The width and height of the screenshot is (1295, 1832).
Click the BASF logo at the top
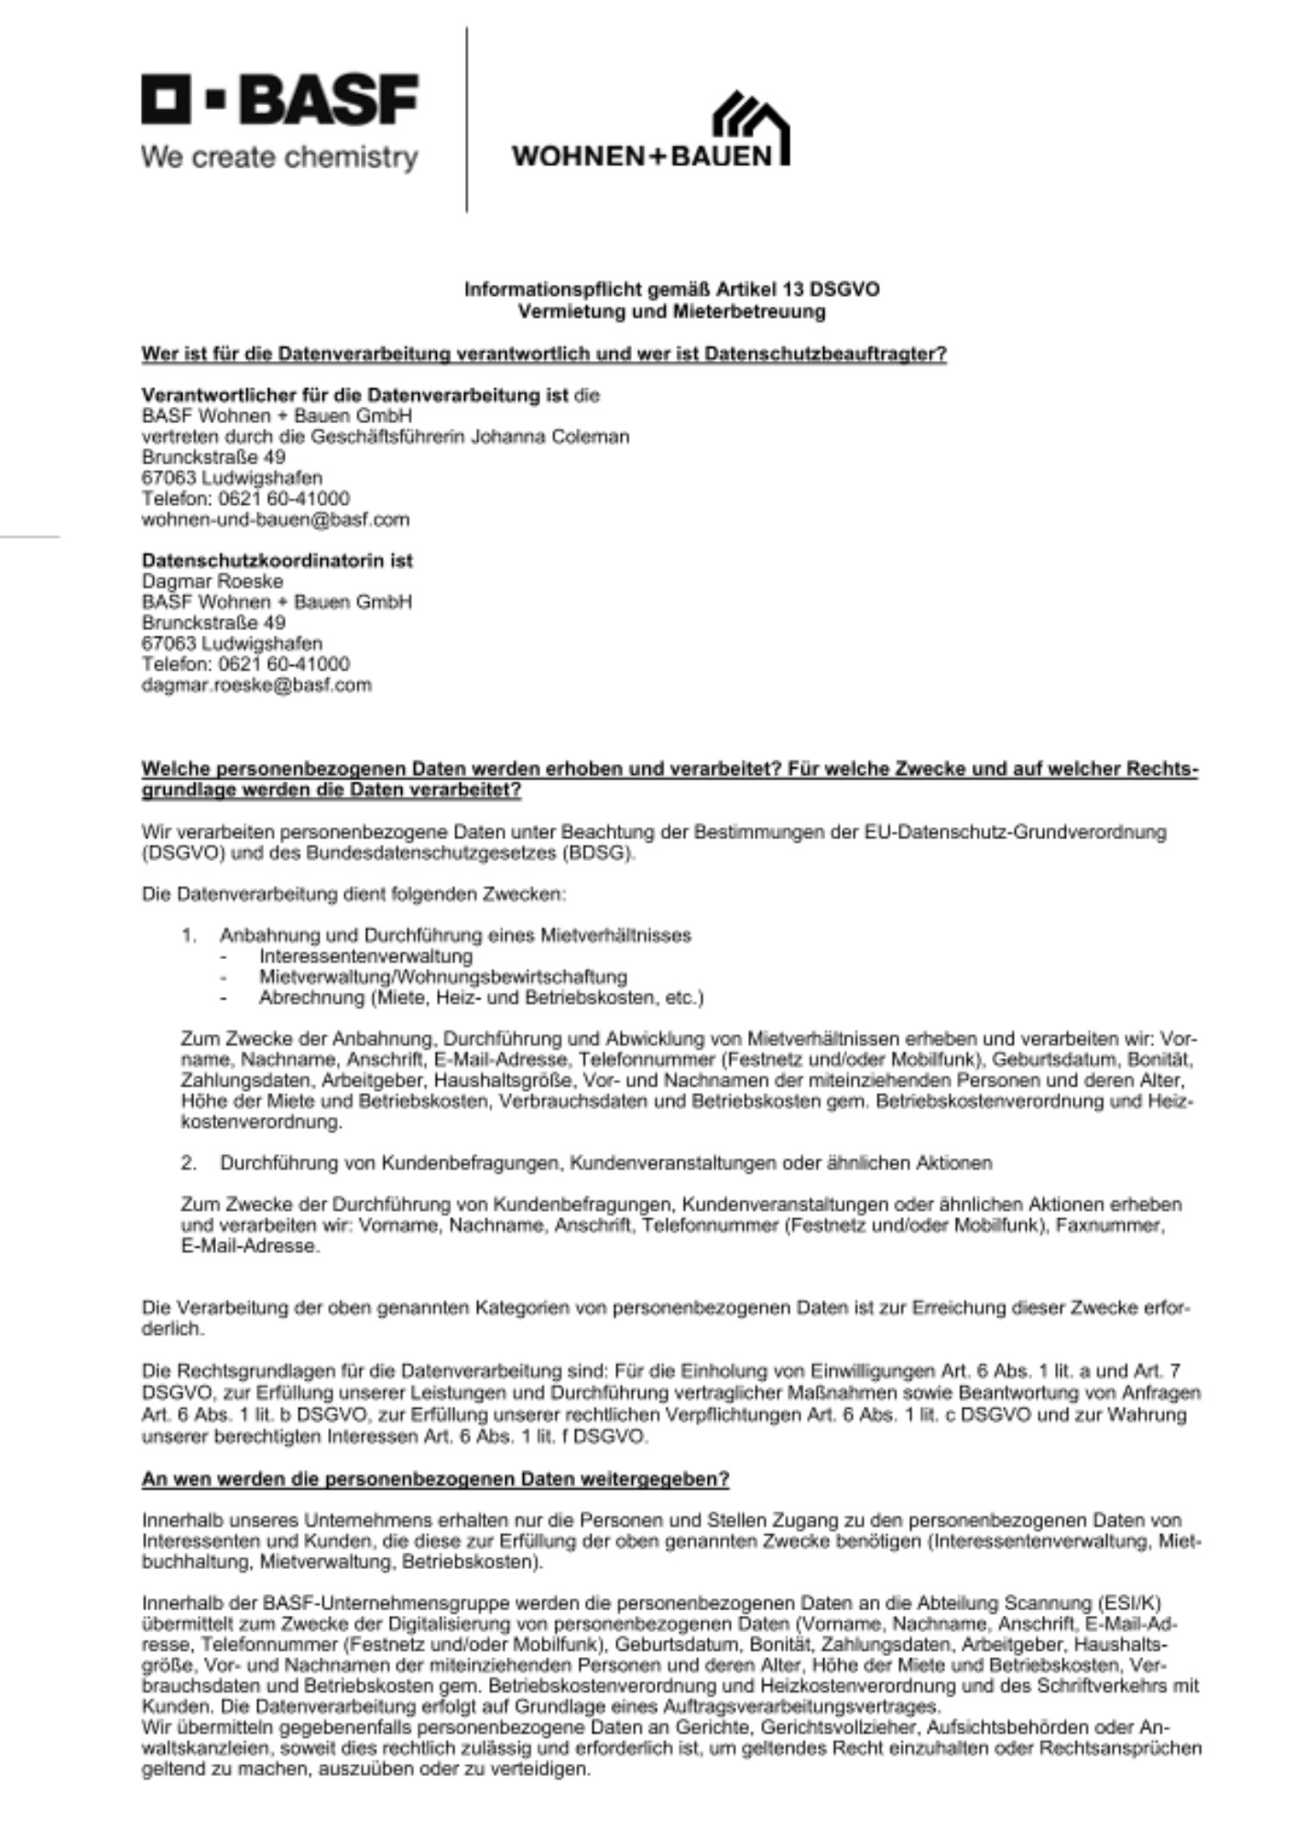(x=279, y=99)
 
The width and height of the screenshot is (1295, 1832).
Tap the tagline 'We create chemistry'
(x=279, y=158)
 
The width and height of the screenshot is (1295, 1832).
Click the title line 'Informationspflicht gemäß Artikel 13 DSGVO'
(x=671, y=289)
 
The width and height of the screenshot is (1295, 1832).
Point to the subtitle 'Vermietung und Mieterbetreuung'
(x=671, y=311)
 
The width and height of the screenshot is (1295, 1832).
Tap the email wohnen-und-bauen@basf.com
(x=275, y=519)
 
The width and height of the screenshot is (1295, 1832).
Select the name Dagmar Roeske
(x=212, y=581)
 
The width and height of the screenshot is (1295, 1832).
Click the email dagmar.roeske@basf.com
(x=256, y=684)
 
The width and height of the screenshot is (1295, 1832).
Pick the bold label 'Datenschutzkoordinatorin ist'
(x=277, y=560)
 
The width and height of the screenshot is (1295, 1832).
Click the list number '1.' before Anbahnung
(x=190, y=935)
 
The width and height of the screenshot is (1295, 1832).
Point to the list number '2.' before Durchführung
(x=190, y=1162)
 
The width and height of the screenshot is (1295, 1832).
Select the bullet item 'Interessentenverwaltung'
(x=365, y=956)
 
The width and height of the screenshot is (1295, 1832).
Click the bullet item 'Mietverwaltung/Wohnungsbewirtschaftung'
(x=442, y=976)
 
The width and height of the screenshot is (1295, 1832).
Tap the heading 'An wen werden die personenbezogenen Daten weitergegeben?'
(x=435, y=1479)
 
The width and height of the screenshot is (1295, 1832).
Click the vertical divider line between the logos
(x=467, y=119)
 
